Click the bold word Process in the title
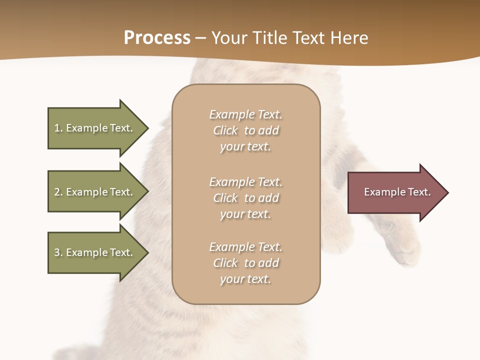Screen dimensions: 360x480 pos(157,38)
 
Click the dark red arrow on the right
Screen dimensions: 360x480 pos(395,192)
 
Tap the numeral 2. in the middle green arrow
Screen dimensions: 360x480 pos(58,192)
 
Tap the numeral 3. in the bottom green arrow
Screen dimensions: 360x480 pos(58,252)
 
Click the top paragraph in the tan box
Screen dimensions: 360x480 pos(245,130)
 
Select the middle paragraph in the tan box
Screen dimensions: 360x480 pos(245,198)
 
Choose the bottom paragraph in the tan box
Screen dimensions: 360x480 pos(245,263)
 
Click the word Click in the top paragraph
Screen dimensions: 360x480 pos(225,130)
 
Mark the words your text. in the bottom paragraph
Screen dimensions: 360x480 pos(245,279)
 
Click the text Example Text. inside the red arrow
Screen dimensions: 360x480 pos(397,192)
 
